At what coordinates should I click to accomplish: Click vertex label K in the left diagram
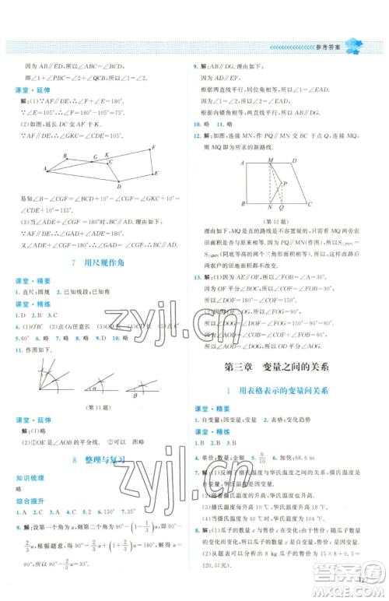tap(107, 155)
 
